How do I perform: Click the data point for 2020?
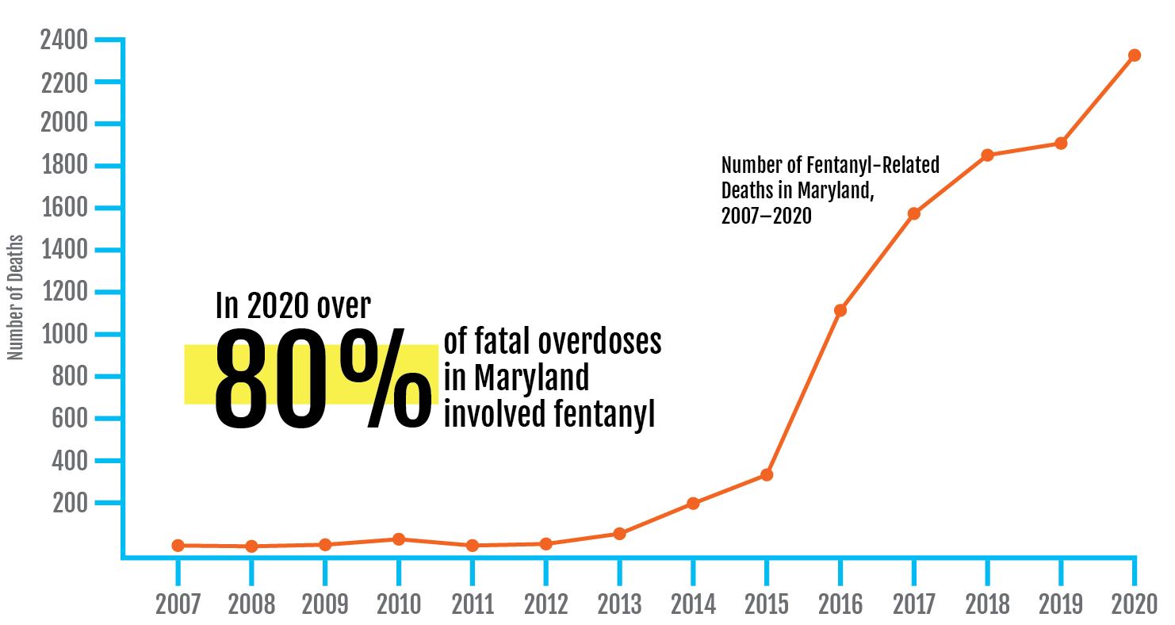click(1135, 56)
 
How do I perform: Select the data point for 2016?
click(840, 310)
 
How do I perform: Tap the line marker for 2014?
click(693, 503)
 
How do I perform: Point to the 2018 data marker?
click(987, 155)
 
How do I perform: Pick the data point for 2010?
click(399, 539)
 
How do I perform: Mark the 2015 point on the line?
click(767, 474)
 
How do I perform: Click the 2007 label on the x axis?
click(178, 604)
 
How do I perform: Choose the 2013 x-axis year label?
click(619, 604)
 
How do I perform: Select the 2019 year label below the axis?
click(1061, 604)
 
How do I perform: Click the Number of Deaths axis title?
click(15, 297)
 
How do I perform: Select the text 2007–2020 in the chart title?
click(767, 216)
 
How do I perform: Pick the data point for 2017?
click(913, 213)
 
